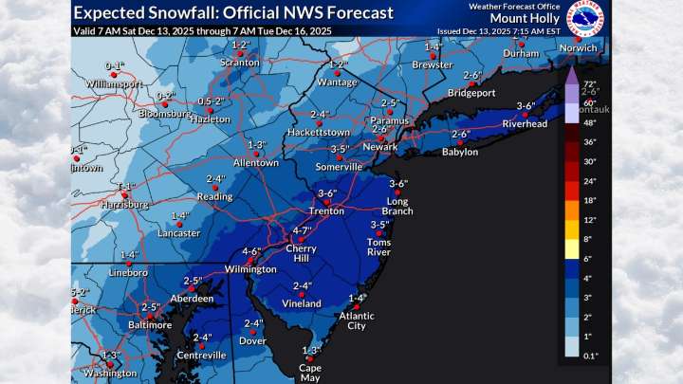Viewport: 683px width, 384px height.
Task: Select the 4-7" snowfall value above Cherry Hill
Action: coord(302,230)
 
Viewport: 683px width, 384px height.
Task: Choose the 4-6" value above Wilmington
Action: coord(251,251)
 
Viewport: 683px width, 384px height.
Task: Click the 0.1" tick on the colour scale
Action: coord(588,355)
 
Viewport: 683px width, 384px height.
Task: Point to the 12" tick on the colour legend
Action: coord(588,220)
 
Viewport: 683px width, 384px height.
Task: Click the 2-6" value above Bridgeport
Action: coord(472,76)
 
